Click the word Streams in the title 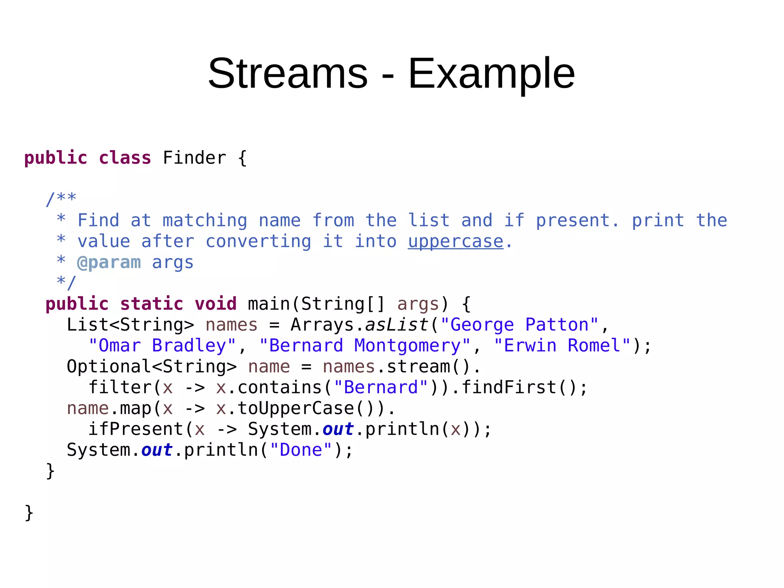coord(287,73)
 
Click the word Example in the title coord(492,74)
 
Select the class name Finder coord(194,158)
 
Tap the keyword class coord(125,158)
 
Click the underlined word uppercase coord(456,242)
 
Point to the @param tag coord(109,263)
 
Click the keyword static coord(152,304)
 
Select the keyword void coord(216,304)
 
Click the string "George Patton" coord(519,325)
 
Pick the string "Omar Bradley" coord(162,346)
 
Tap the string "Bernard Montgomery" coord(364,346)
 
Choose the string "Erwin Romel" coord(562,346)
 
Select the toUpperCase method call coord(295,408)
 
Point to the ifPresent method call coord(136,429)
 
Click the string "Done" coord(301,450)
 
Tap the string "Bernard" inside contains coord(381,388)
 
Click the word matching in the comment coord(205,221)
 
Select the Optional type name coord(109,367)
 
